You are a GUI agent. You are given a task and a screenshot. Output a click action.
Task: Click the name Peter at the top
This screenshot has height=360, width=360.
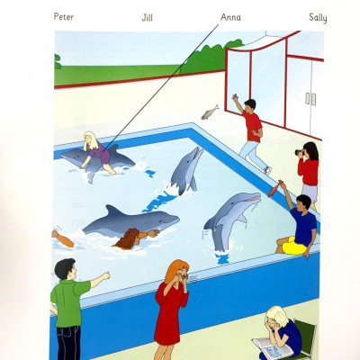point(63,17)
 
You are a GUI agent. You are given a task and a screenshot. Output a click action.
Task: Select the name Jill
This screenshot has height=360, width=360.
point(148,17)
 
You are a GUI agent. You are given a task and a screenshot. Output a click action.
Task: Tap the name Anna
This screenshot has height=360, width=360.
point(230,17)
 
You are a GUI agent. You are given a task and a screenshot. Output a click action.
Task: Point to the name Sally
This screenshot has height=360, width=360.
point(318,17)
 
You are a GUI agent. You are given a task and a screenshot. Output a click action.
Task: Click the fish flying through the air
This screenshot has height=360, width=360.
point(211,112)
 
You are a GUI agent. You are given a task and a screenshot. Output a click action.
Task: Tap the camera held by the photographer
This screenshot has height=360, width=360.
point(301,153)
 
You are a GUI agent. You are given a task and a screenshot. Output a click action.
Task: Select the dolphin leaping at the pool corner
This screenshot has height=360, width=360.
point(185,168)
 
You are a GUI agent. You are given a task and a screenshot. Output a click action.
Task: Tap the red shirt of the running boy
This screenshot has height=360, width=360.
point(253,126)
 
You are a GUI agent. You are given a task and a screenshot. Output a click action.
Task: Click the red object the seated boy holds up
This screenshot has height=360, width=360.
point(275,190)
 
